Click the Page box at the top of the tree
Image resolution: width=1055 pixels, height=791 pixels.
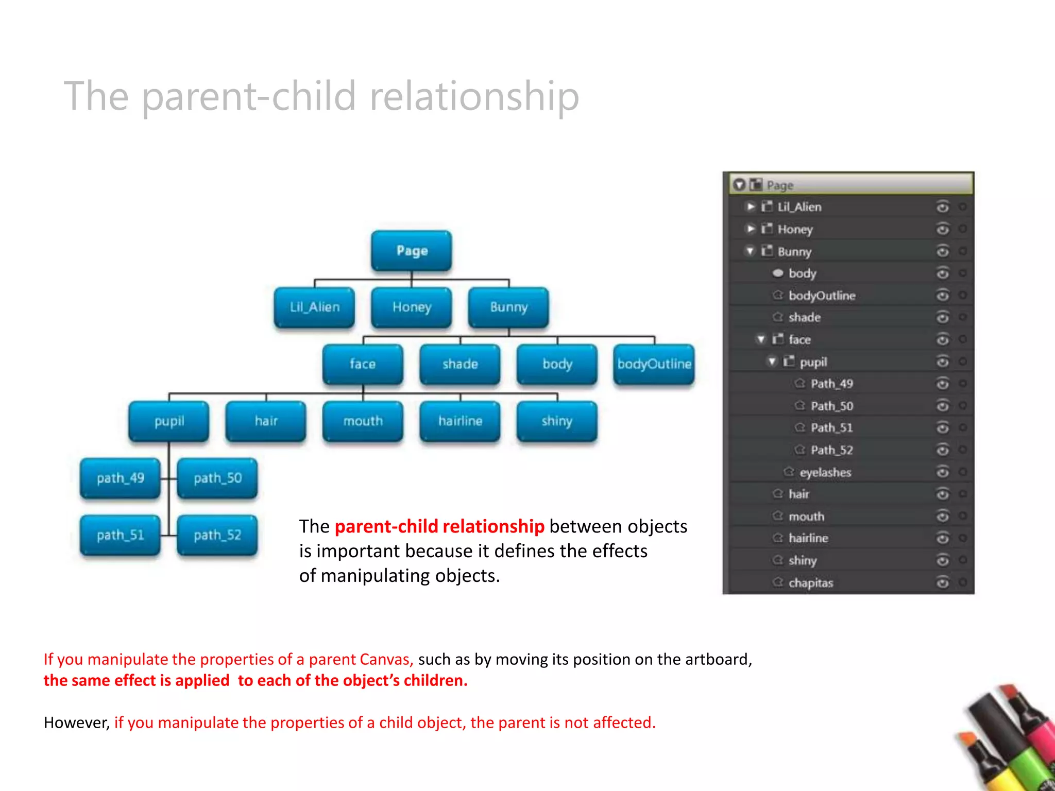412,251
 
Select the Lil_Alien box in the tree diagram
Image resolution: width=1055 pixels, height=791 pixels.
314,307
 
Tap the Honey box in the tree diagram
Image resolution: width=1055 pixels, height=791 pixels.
412,307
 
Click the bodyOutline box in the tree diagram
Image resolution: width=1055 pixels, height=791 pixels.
654,364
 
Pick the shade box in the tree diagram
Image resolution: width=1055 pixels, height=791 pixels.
460,364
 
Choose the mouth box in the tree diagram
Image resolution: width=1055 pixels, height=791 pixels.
363,421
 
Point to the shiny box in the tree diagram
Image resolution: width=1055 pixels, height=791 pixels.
557,421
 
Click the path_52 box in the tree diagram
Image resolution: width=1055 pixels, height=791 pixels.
217,535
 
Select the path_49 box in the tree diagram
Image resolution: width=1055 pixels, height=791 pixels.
120,478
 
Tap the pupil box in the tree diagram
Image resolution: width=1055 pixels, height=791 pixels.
169,421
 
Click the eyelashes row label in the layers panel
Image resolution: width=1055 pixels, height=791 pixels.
825,472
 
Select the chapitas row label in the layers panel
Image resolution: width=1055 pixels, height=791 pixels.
810,583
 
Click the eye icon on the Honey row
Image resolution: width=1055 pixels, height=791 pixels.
942,229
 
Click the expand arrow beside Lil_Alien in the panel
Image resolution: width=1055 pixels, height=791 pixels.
751,207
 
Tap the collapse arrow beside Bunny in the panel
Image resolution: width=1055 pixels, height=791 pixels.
751,251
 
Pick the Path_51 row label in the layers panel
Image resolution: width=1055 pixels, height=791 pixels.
831,428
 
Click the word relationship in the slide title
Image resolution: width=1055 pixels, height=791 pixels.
474,96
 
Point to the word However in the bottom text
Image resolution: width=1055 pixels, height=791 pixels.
76,723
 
